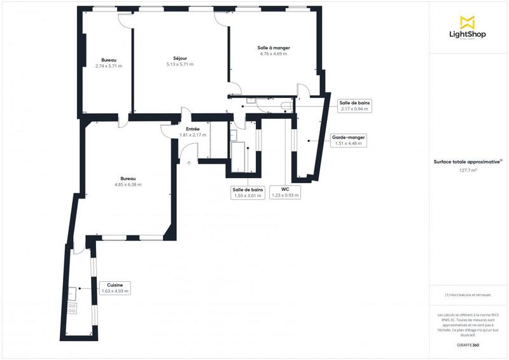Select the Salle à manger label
tap(274, 48)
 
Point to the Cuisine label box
tap(115, 288)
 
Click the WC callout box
tap(285, 192)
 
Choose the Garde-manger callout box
tap(348, 140)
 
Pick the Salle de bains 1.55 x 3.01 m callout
tap(248, 192)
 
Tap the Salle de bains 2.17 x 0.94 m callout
tap(354, 106)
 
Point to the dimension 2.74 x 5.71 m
tap(109, 65)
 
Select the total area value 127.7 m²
tap(468, 170)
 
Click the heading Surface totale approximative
tap(467, 162)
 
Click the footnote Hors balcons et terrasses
tap(468, 294)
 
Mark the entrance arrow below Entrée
tap(189, 163)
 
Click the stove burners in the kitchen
tap(72, 308)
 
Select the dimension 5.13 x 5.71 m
tap(179, 64)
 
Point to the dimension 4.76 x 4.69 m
tap(274, 54)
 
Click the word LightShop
tap(468, 34)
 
